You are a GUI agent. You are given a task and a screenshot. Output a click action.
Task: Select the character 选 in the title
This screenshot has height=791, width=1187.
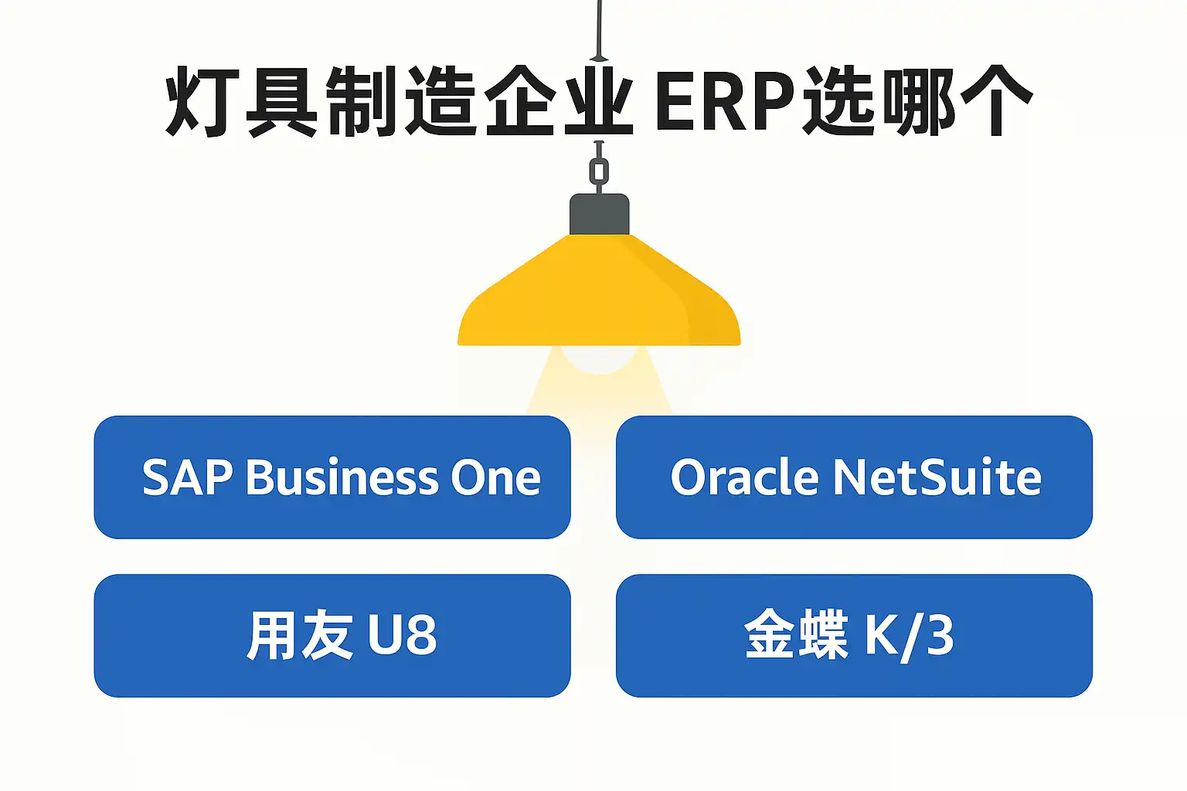pos(839,101)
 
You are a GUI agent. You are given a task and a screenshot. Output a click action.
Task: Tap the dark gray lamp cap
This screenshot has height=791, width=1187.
pos(599,214)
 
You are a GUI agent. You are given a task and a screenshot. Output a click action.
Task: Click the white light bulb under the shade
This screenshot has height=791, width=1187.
pos(599,359)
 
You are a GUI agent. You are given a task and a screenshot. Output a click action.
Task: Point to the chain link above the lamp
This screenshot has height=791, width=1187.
pos(599,171)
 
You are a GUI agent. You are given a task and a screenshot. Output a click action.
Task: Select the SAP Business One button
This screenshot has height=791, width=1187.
pos(332,477)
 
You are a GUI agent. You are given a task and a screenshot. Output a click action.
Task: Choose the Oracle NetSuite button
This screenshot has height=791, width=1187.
pos(854,477)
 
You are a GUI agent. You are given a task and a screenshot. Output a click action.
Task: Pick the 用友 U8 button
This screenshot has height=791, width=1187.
pos(332,636)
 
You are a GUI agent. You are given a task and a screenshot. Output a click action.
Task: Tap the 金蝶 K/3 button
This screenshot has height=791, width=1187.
pos(854,636)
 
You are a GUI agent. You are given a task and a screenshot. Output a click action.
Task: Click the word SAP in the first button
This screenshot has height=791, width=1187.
pos(188,477)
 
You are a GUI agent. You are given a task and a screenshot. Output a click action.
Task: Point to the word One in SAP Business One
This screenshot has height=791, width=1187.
pos(495,477)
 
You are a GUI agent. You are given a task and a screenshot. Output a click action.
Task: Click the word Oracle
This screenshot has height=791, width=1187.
pos(744,477)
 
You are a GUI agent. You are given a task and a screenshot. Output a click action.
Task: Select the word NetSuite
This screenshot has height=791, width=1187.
pos(937,477)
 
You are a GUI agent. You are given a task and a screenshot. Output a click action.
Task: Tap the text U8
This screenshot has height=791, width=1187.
pos(402,636)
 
